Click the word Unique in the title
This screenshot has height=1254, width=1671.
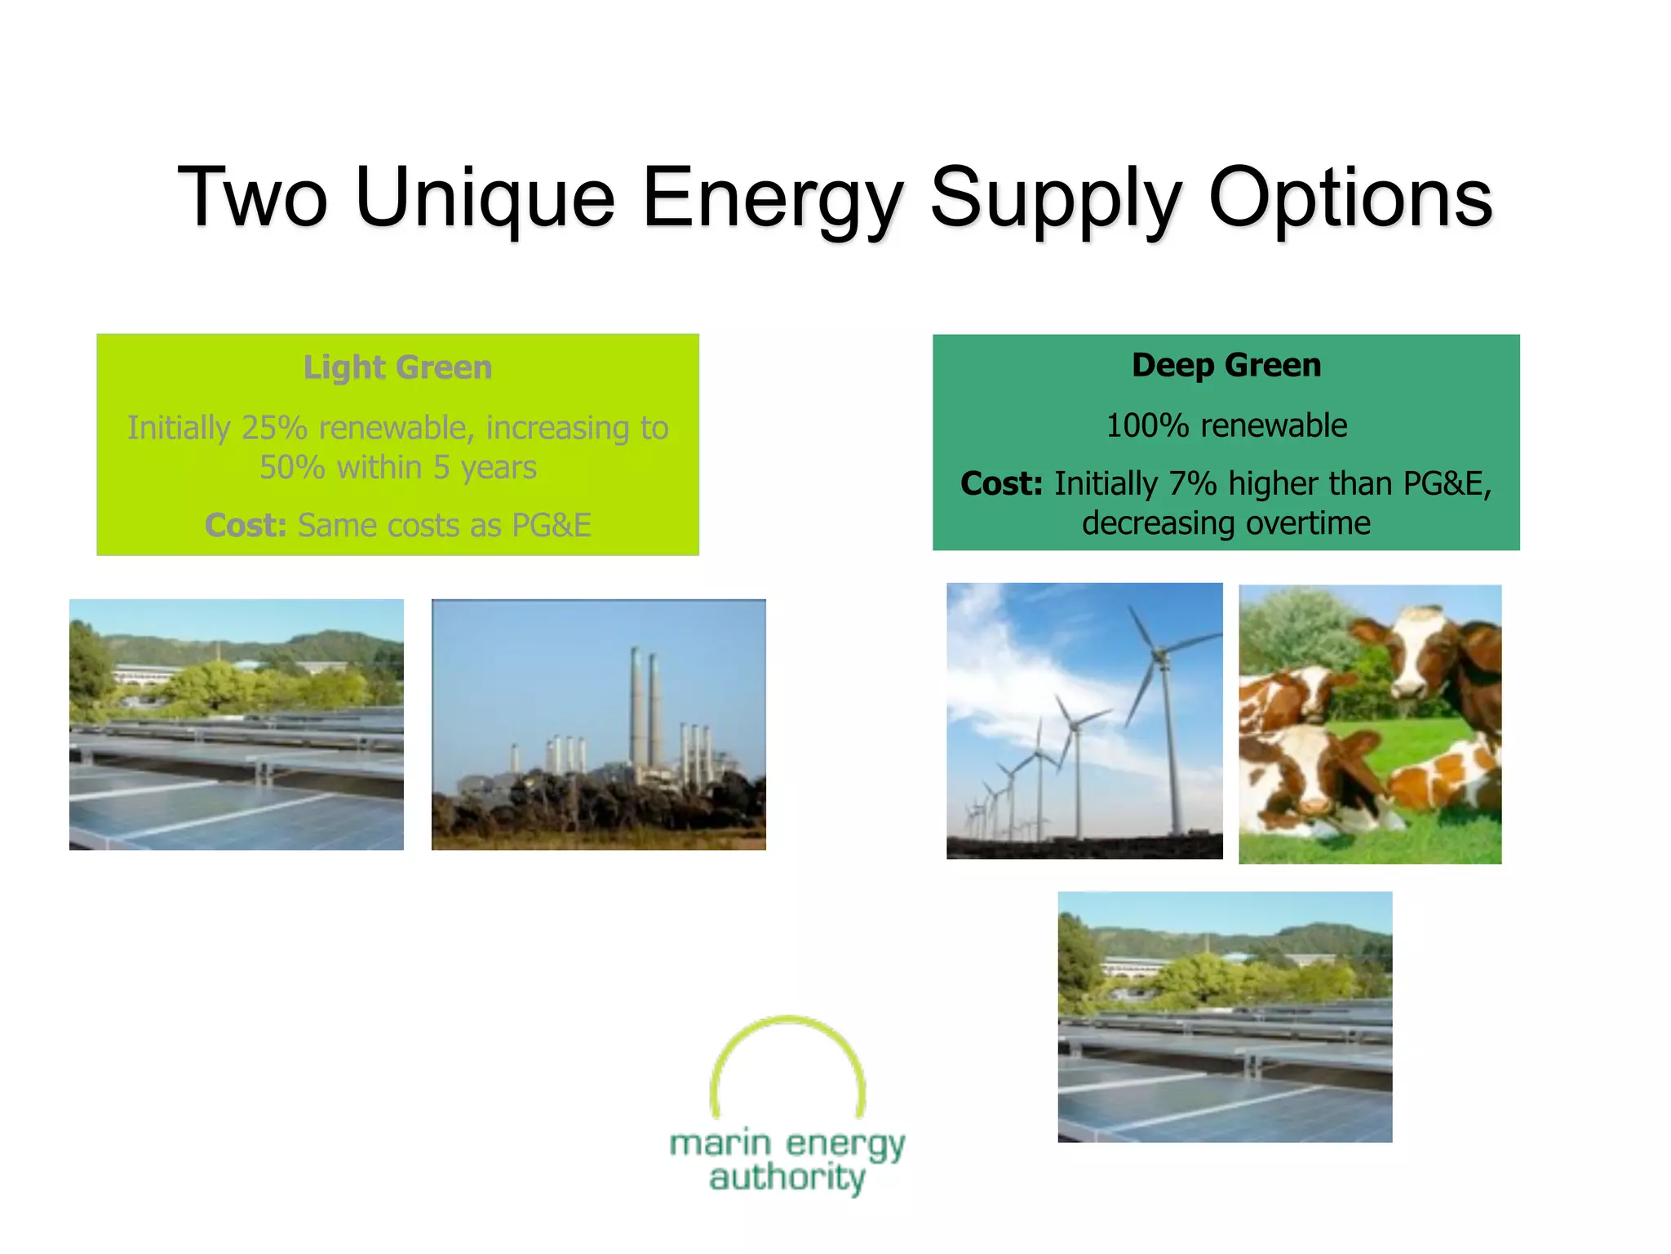pos(485,198)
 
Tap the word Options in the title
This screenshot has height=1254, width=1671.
pos(1350,198)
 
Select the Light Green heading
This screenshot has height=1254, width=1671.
pos(397,367)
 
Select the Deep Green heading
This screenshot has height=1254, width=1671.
pos(1226,365)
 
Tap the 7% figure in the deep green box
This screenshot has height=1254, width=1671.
pos(1192,484)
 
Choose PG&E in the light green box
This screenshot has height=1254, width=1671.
pos(551,525)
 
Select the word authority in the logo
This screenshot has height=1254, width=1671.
pos(787,1178)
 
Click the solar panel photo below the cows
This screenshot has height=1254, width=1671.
pos(1225,1016)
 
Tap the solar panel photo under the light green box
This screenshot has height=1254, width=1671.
pos(236,724)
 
